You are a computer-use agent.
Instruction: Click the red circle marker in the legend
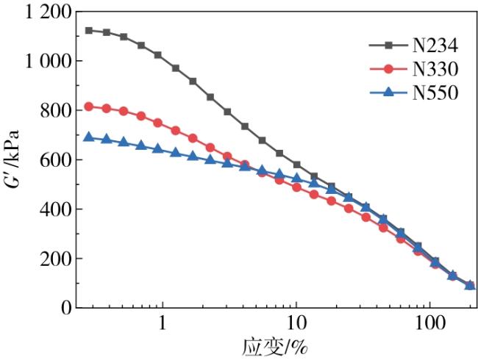pyautogui.click(x=390, y=70)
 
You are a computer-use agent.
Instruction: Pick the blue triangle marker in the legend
pyautogui.click(x=390, y=93)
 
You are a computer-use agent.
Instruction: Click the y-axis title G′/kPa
pyautogui.click(x=13, y=161)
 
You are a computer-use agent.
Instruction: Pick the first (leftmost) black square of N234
pyautogui.click(x=89, y=30)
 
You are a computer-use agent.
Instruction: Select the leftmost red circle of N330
pyautogui.click(x=89, y=107)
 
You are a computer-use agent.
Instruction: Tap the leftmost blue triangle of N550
pyautogui.click(x=89, y=137)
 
